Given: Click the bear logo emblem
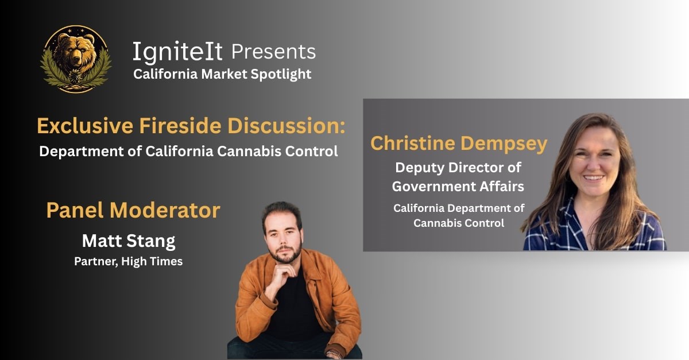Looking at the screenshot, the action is tap(76, 59).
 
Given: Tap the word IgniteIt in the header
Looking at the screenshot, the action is tap(177, 52).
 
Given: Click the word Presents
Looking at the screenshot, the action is tap(273, 51).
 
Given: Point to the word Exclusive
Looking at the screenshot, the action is tap(85, 126).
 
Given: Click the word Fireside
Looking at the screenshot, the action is tap(180, 126).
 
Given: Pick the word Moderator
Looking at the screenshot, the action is tap(165, 210).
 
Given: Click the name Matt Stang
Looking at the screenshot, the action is tap(129, 241).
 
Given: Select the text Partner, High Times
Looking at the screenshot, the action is tap(128, 261).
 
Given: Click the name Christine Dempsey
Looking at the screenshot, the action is tap(459, 144).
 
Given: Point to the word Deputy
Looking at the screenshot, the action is tap(420, 168).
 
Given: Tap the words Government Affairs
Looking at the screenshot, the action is tap(458, 187).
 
